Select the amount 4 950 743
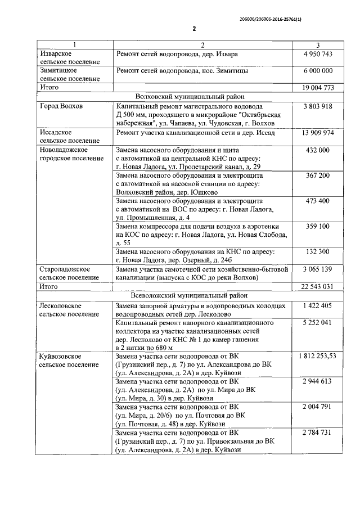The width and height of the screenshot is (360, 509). [318, 54]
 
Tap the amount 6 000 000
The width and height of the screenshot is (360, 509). [318, 71]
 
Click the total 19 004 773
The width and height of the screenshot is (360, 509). [318, 87]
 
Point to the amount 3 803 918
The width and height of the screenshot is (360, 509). [318, 106]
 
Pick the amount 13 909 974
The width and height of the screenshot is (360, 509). [318, 133]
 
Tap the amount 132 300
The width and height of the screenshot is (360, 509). [318, 251]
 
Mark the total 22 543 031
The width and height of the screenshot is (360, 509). [318, 286]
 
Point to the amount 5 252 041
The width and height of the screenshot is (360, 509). [318, 323]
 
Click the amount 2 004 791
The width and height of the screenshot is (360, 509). [318, 407]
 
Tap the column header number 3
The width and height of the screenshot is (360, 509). [318, 44]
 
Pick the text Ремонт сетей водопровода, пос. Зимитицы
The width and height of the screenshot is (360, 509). [182, 71]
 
